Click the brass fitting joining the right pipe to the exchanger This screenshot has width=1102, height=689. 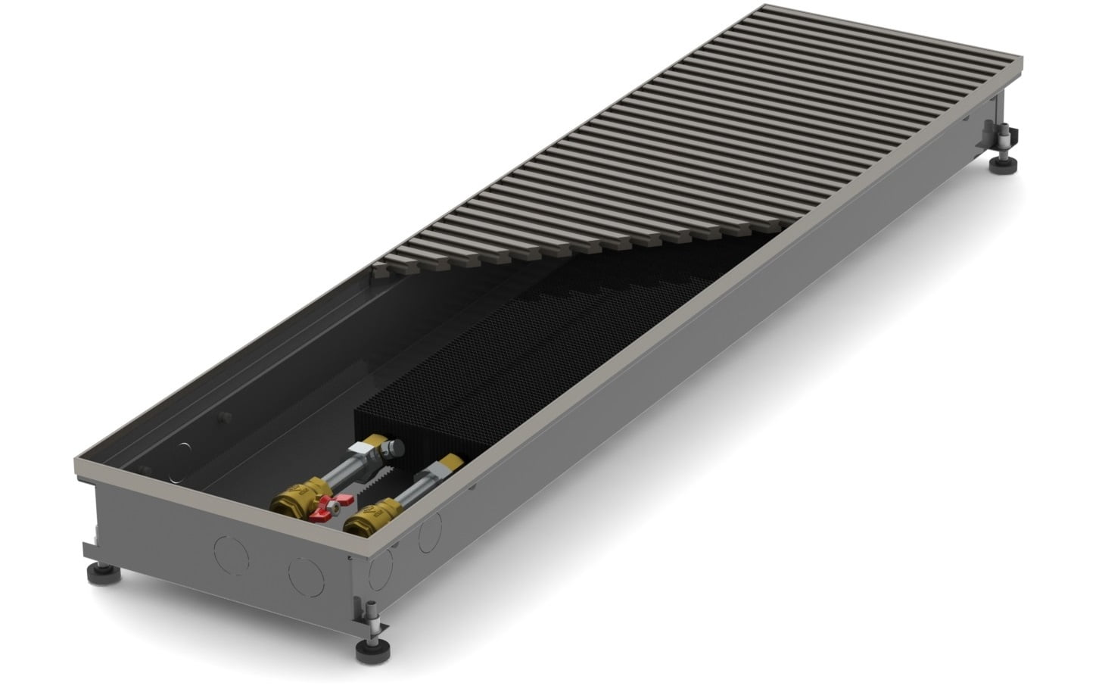[453, 463]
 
